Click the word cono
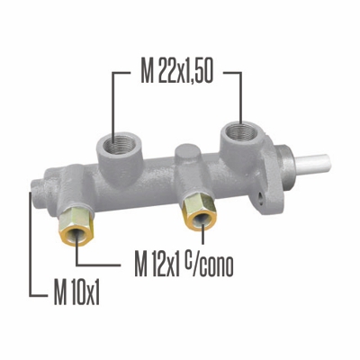(218, 267)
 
